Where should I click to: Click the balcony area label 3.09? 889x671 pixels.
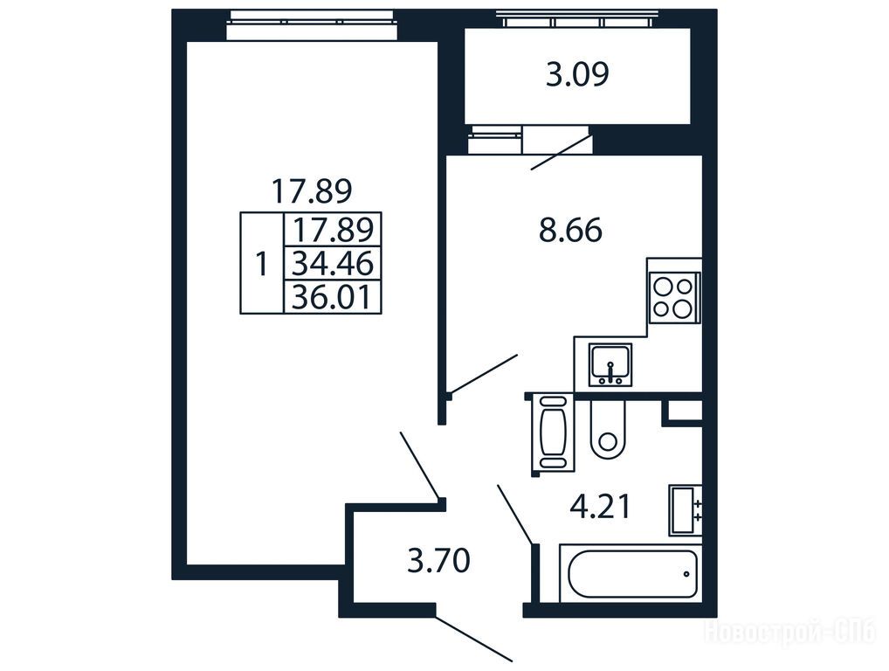[577, 74]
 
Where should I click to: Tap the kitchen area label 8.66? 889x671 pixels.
[570, 231]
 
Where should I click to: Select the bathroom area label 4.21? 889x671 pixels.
[600, 507]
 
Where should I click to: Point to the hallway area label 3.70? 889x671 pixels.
[439, 560]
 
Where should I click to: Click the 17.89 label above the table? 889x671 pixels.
[312, 190]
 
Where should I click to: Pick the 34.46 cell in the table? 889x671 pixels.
[333, 264]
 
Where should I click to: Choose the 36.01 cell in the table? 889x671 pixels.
[333, 297]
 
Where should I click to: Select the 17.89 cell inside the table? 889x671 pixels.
[333, 230]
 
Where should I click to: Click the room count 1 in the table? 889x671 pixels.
[261, 265]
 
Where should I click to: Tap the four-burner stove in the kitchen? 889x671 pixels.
[674, 298]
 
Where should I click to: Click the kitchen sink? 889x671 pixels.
[610, 364]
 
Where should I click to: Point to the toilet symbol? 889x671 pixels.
[608, 429]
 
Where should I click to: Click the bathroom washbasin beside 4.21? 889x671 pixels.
[686, 510]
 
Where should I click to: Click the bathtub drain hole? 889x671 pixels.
[686, 573]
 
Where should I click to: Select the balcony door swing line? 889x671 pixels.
[561, 153]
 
